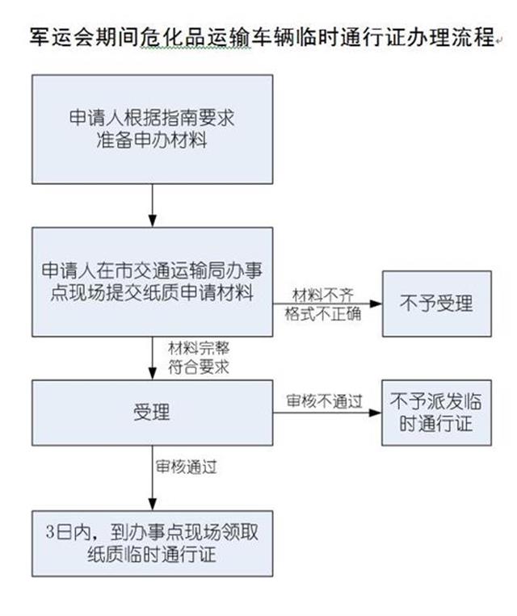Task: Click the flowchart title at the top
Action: click(x=263, y=37)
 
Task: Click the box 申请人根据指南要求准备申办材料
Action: click(x=153, y=129)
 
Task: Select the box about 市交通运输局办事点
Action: click(x=153, y=282)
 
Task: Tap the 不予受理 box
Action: click(x=437, y=304)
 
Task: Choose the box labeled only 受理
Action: click(x=153, y=413)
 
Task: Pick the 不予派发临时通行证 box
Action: click(x=437, y=413)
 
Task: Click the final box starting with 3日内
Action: click(x=153, y=543)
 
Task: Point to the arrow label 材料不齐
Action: click(x=323, y=295)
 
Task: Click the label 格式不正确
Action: click(x=323, y=313)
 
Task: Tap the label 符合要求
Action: click(x=199, y=367)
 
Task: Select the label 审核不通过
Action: click(x=325, y=401)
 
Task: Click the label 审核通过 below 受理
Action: click(x=187, y=467)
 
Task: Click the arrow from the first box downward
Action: click(x=153, y=205)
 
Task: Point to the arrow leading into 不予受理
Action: click(x=327, y=304)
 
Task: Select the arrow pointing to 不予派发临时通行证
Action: click(x=327, y=413)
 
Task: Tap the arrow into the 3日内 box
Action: click(x=153, y=478)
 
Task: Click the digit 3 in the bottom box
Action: click(x=49, y=532)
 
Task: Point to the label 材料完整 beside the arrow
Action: click(x=199, y=349)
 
